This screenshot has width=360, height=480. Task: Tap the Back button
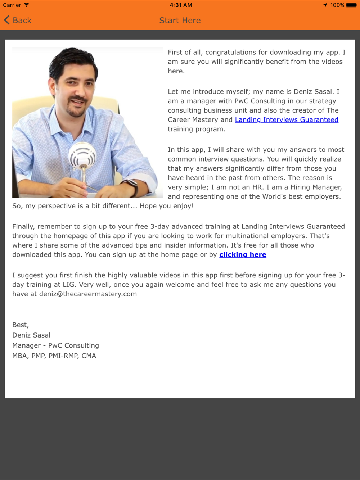18,21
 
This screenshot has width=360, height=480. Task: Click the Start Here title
180,21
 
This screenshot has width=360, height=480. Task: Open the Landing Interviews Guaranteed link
287,120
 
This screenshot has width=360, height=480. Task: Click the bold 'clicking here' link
243,255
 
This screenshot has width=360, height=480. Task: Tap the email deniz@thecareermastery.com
88,294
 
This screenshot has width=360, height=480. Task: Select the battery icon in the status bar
351,5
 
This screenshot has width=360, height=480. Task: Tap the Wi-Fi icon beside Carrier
27,5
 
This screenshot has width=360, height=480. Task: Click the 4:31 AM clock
181,5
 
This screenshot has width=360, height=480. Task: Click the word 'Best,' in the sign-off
21,325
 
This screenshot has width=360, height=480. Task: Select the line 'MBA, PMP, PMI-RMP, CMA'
54,356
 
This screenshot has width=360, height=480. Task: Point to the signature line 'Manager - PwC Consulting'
55,345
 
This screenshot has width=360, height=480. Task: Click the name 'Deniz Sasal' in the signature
31,335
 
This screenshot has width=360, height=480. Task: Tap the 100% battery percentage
337,5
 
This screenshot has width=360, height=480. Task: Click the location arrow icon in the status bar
325,5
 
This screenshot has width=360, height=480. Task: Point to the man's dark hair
74,59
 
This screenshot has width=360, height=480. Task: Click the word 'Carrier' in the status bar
12,5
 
